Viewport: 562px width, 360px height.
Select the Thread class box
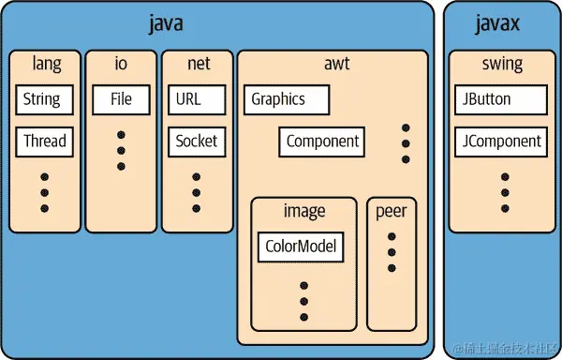pyautogui.click(x=45, y=142)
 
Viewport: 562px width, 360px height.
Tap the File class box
pyautogui.click(x=121, y=98)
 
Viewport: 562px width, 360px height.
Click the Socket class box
pyautogui.click(x=197, y=142)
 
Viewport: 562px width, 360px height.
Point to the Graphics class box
pyautogui.click(x=288, y=98)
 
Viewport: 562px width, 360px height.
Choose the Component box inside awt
pyautogui.click(x=322, y=142)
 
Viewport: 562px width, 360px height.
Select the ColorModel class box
pyautogui.click(x=301, y=247)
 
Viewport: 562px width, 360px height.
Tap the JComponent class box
pyautogui.click(x=500, y=142)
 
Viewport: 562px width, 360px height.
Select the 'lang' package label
pyautogui.click(x=45, y=65)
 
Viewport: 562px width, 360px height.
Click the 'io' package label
pyautogui.click(x=121, y=65)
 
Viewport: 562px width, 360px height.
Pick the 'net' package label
pyautogui.click(x=197, y=65)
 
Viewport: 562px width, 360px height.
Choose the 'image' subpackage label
pyautogui.click(x=303, y=210)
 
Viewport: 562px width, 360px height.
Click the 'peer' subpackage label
pyautogui.click(x=392, y=210)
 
